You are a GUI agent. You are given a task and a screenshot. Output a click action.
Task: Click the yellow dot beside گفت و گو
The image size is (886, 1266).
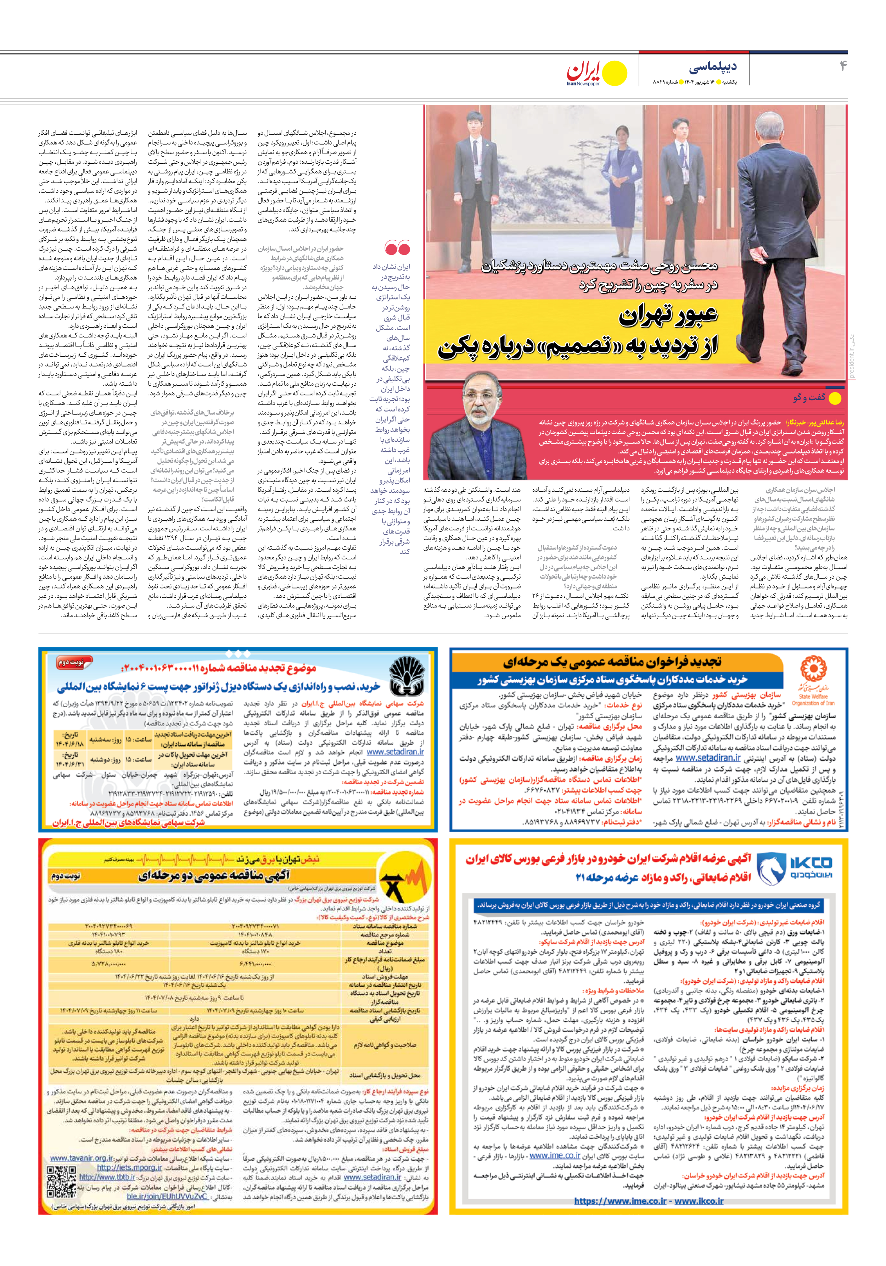pyautogui.click(x=835, y=398)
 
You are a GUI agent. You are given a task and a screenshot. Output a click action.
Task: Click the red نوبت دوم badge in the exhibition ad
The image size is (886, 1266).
pyautogui.click(x=71, y=663)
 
